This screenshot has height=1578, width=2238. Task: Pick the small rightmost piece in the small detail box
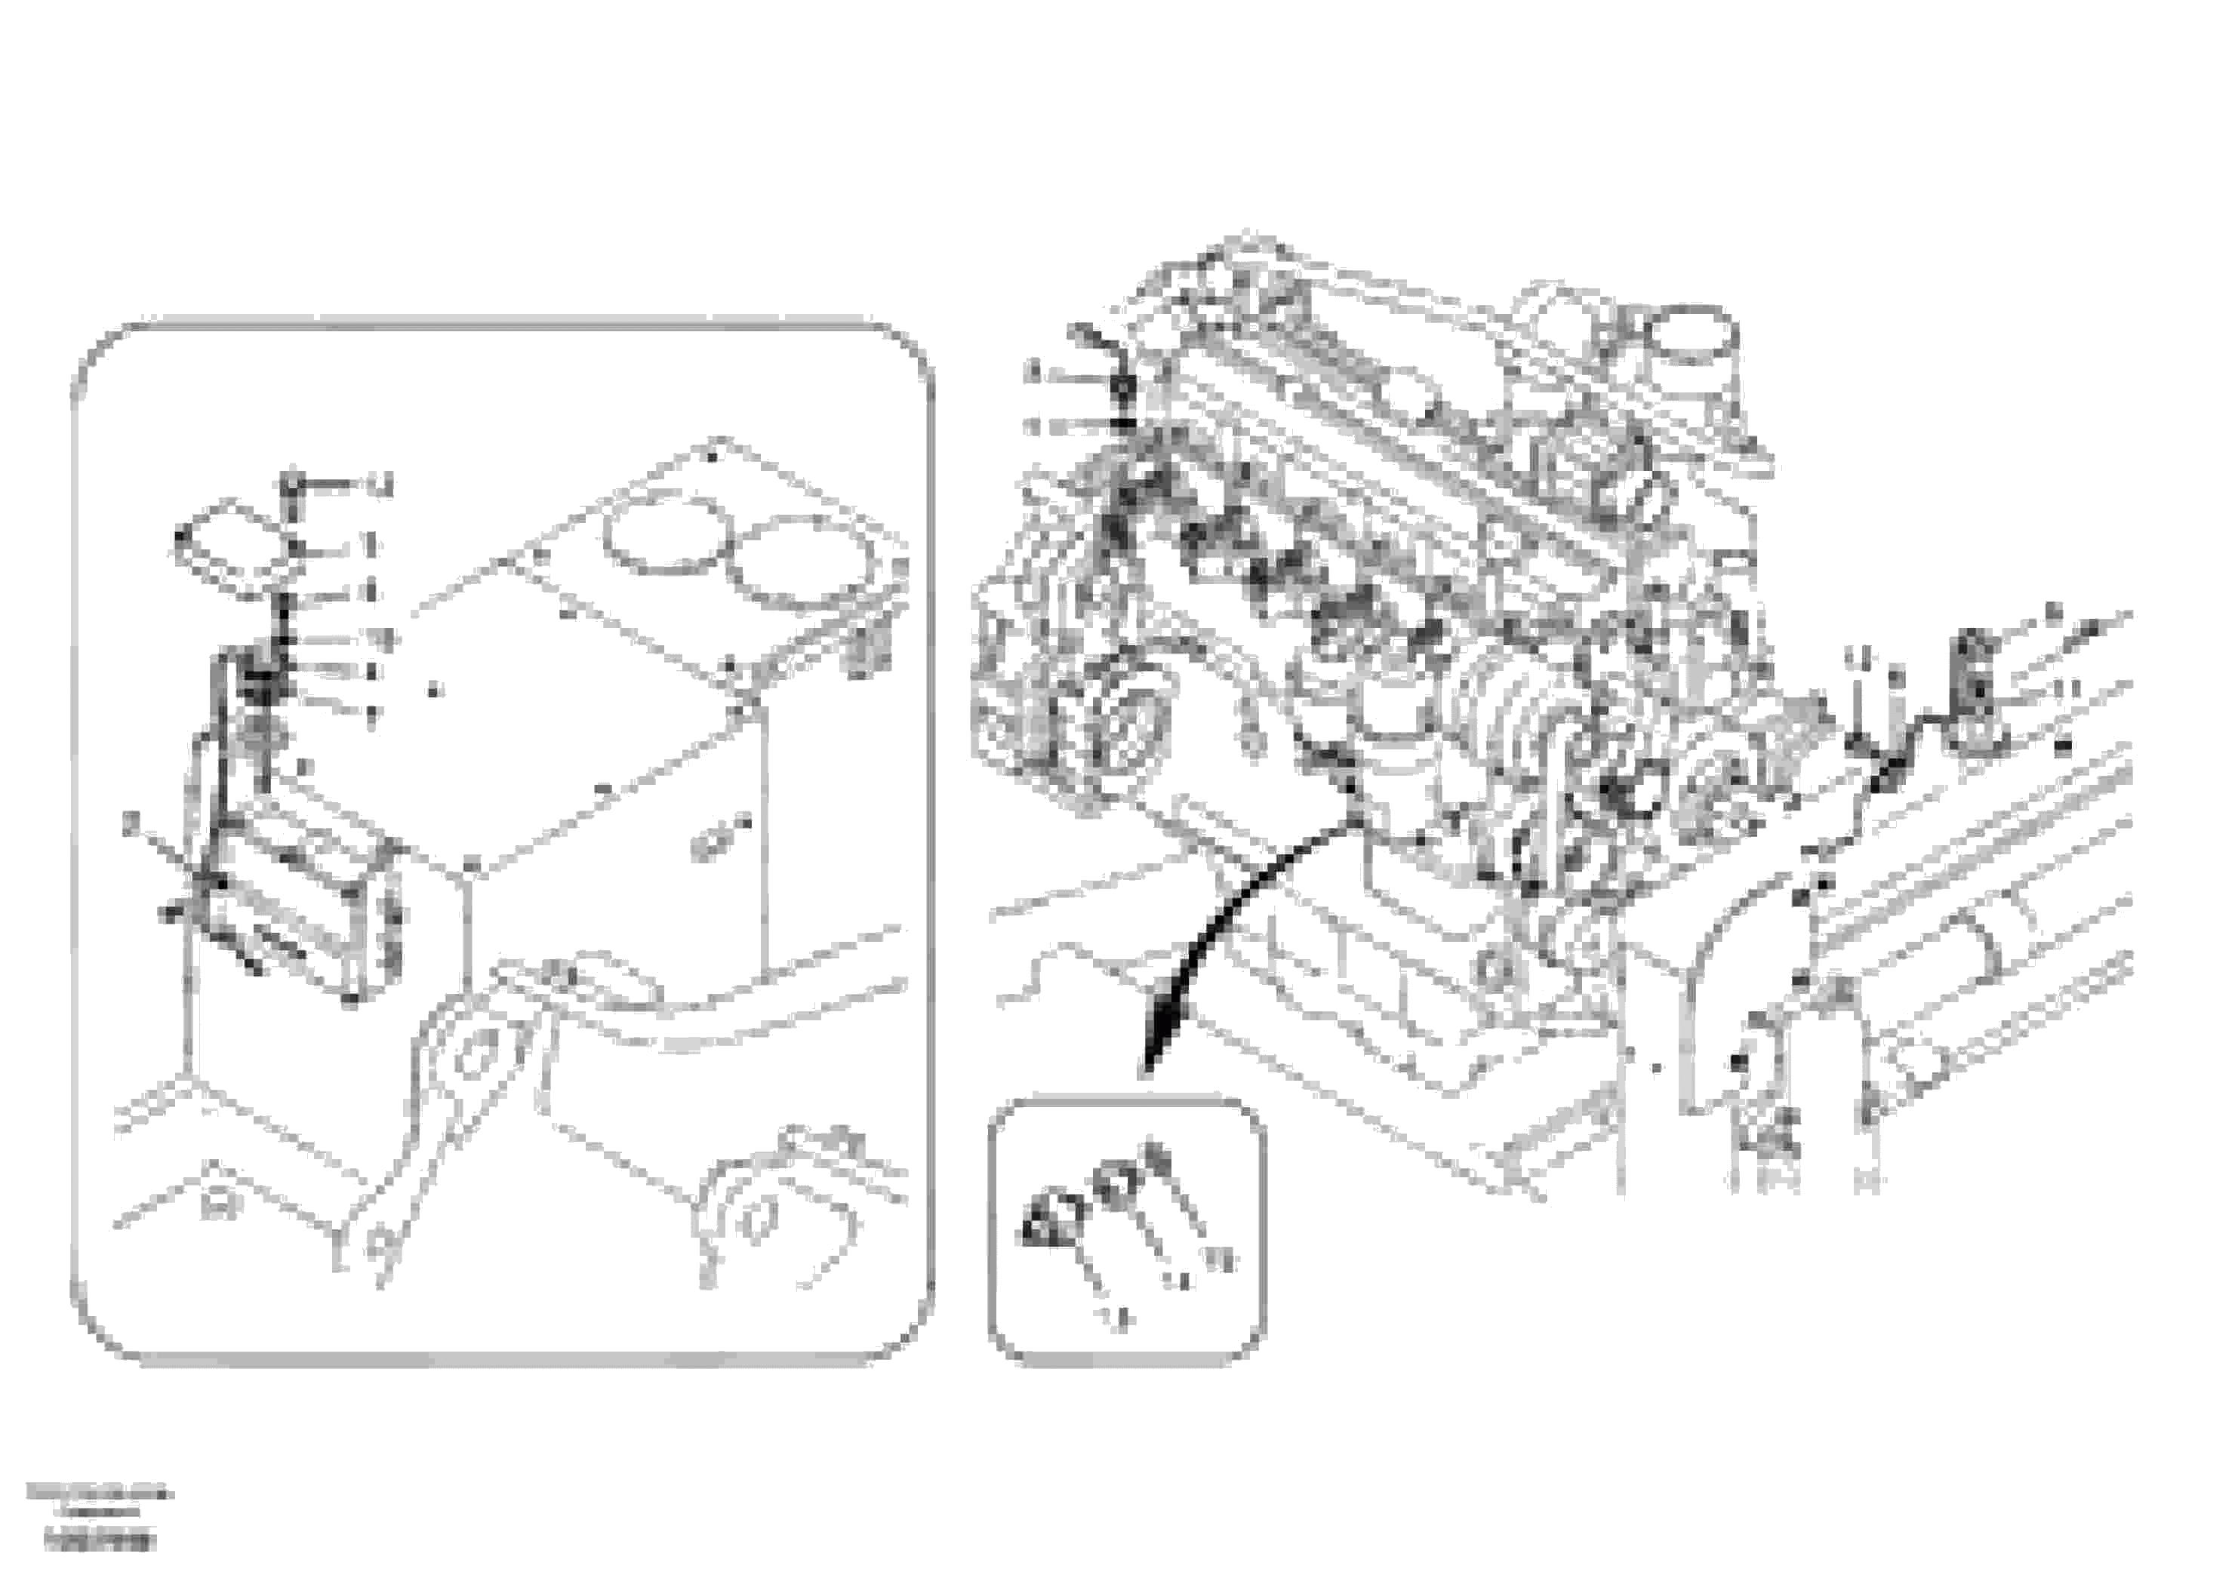pos(1156,1160)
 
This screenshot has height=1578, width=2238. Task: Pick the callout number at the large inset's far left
pos(131,823)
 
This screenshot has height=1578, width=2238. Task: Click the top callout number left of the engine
pos(1035,371)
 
